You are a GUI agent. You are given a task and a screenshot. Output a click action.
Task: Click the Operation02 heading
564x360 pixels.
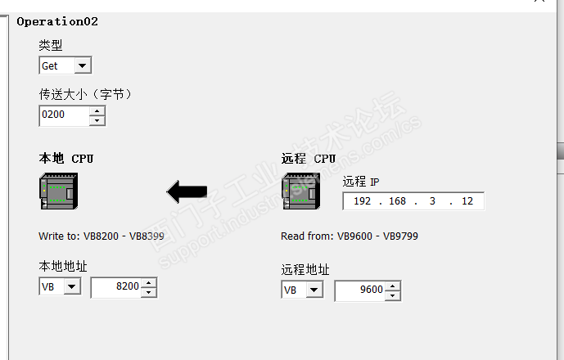point(57,22)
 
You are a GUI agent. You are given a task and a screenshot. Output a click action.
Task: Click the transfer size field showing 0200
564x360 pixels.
point(63,115)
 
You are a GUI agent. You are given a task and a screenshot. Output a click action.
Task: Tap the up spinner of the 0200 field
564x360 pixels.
point(97,111)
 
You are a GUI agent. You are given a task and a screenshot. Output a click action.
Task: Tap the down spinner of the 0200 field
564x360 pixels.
point(97,120)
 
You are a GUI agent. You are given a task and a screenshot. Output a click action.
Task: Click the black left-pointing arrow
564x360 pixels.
point(187,191)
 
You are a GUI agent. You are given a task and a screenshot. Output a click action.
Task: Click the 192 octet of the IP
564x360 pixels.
point(362,201)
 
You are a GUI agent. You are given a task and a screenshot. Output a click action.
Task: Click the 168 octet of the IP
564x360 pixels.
point(397,201)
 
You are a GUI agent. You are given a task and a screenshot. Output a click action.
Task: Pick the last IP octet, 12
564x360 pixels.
point(467,201)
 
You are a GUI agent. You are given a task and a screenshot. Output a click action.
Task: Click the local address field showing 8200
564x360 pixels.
point(115,287)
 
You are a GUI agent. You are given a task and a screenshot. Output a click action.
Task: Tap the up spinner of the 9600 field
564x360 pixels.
point(393,286)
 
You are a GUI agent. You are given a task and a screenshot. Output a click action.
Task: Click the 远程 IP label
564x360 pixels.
point(361,182)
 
